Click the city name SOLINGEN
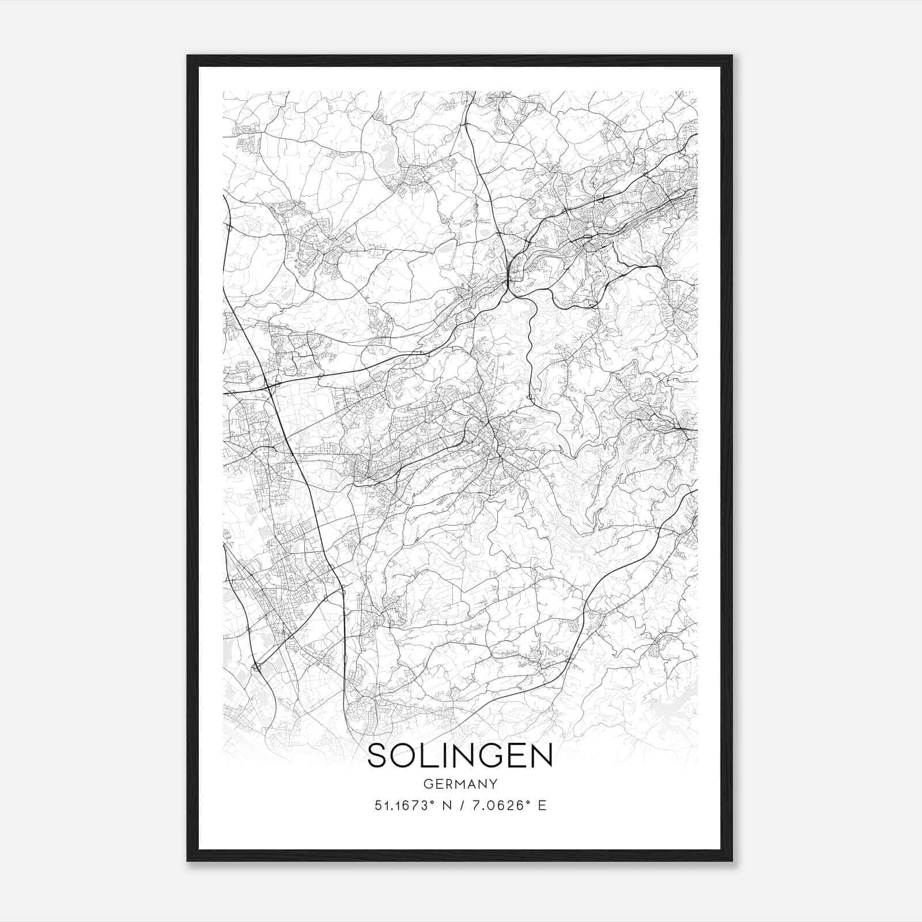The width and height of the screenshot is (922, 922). pos(460,755)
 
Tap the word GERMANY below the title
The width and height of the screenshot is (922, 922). pos(460,784)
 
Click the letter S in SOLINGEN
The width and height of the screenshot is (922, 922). pos(378,755)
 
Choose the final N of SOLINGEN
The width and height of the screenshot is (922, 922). pos(541,755)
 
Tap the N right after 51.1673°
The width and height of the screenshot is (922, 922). pos(446,806)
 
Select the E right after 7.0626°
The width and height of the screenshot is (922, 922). pos(542,806)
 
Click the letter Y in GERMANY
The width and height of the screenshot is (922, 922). pos(493,784)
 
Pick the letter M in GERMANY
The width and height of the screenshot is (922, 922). pos(459,784)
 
